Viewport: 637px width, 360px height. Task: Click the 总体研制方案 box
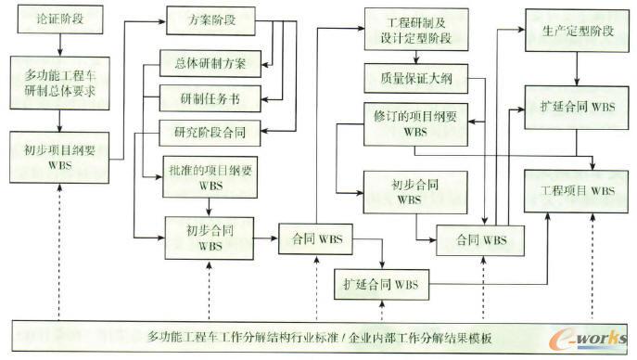210,64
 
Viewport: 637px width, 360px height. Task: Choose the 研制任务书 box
210,96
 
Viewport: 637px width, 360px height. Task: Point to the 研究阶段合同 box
210,131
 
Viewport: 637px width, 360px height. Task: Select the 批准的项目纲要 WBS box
210,179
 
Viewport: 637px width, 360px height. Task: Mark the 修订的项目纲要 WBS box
413,124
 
